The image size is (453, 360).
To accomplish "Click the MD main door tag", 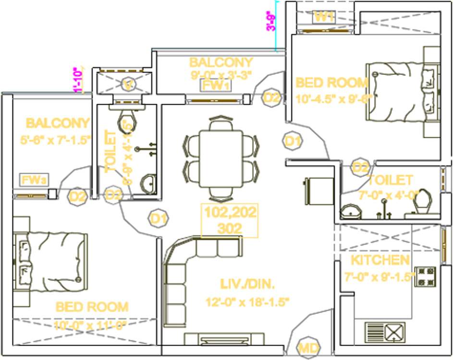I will click(x=307, y=347).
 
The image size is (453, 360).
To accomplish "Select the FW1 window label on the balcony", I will click(x=215, y=85).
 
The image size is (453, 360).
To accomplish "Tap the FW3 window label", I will click(x=33, y=180).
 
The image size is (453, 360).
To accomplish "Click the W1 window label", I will click(x=324, y=17).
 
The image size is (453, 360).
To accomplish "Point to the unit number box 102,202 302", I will click(x=230, y=220).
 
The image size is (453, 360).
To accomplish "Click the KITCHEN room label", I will click(x=380, y=261).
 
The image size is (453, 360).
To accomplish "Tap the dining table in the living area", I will click(x=221, y=158).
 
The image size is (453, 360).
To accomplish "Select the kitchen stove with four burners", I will click(x=425, y=276).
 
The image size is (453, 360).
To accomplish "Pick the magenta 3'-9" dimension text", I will click(x=273, y=22).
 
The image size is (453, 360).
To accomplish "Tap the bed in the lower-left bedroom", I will click(x=50, y=262).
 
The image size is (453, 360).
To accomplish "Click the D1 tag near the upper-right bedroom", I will click(x=293, y=141).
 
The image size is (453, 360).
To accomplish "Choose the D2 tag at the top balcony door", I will click(x=271, y=97).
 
